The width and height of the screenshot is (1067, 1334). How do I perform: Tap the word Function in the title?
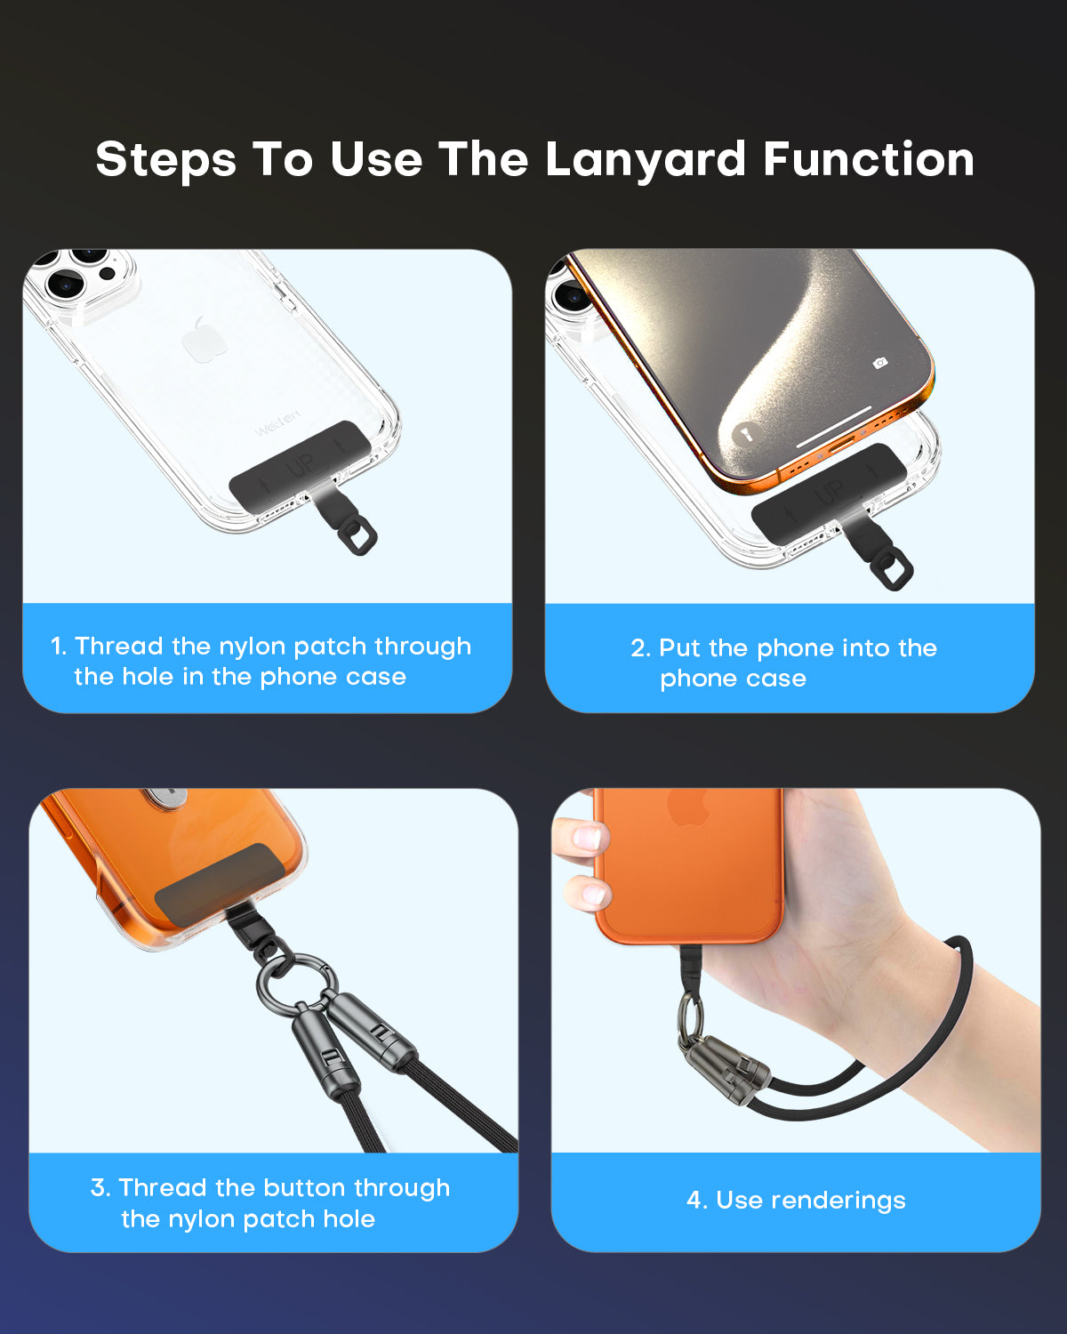pos(868,160)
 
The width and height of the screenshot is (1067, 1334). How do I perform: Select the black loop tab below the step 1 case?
pos(357,534)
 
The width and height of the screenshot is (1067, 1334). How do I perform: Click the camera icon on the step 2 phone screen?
pos(879,363)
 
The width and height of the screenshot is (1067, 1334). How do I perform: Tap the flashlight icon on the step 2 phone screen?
pos(745,434)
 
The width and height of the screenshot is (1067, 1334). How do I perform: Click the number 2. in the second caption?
pos(641,648)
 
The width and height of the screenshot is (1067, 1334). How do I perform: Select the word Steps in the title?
pos(165,160)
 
